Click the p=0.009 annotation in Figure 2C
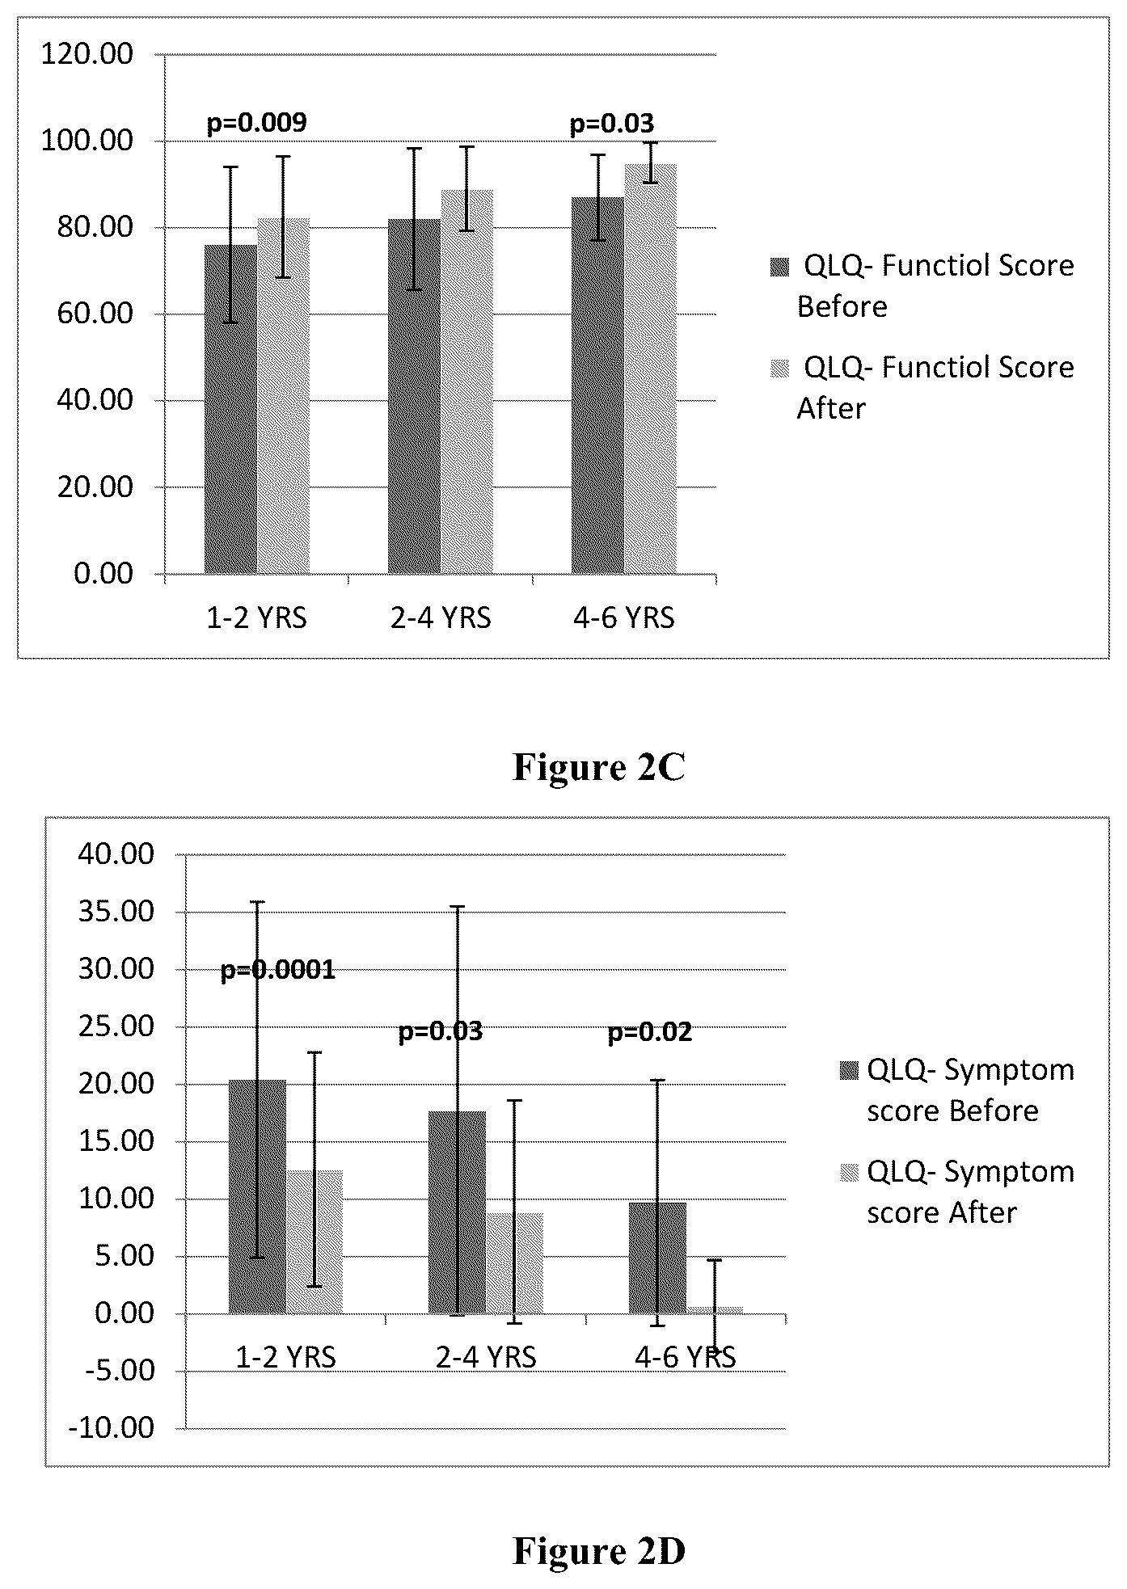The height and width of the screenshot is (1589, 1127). [257, 123]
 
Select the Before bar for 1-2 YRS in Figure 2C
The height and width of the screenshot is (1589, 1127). [230, 409]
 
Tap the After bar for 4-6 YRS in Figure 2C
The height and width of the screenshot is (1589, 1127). [651, 369]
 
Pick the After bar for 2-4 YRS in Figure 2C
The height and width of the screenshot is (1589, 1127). [466, 382]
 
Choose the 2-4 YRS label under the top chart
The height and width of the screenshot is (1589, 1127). [441, 618]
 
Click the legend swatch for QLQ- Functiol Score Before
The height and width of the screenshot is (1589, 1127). [779, 267]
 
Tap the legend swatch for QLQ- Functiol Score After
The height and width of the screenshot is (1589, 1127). [779, 369]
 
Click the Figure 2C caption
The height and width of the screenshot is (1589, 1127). [599, 767]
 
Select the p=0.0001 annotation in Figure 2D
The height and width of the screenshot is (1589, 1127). [278, 970]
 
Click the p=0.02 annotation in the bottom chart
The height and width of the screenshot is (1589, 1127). [650, 1033]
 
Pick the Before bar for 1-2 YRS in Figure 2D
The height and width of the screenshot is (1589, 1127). [257, 1197]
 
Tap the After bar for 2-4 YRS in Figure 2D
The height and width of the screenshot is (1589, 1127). [515, 1263]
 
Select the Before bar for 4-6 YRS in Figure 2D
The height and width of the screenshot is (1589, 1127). [657, 1258]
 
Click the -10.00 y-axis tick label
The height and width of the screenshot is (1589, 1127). [112, 1428]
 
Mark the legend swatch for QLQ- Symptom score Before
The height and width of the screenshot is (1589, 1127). [849, 1071]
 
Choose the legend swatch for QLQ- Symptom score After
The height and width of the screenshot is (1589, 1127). [849, 1173]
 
